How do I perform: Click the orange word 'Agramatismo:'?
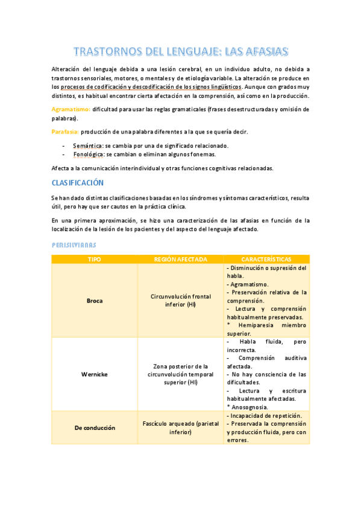(71, 109)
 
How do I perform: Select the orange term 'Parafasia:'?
(64, 132)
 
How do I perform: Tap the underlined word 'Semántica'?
(87, 146)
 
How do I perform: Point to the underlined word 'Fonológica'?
(88, 155)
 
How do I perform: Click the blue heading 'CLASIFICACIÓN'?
(77, 182)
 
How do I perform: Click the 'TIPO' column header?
(95, 259)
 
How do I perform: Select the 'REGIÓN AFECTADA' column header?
(181, 259)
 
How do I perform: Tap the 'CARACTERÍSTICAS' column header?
(266, 259)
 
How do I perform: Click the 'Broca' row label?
(95, 300)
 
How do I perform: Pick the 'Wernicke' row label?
(95, 374)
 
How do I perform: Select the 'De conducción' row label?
(95, 427)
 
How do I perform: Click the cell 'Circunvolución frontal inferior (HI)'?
(181, 300)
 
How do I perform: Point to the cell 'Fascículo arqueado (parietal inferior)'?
(181, 427)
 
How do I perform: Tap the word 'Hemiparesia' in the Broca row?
(258, 325)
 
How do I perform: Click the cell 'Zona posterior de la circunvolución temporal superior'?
(181, 374)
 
